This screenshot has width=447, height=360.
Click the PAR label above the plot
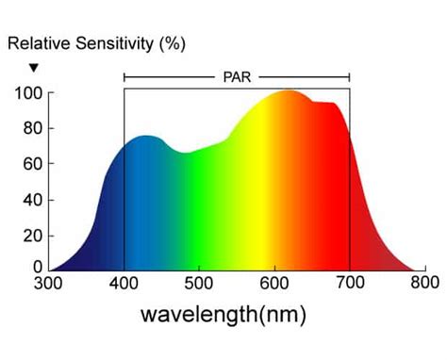236,74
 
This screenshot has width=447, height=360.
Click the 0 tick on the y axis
36,268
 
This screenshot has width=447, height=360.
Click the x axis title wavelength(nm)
223,313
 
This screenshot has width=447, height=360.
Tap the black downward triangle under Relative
34,67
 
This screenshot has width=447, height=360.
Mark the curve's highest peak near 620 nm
288,91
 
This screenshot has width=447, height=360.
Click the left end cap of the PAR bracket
124,75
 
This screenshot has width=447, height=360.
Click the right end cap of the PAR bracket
349,75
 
